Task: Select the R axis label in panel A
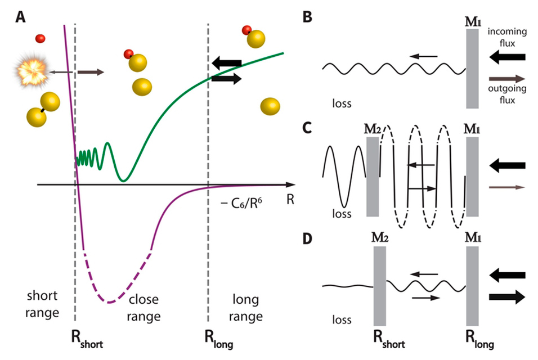coord(290,198)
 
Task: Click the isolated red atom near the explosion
coord(40,39)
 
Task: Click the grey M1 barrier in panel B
coord(473,69)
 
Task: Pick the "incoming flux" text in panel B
coord(508,37)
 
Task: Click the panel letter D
coord(307,240)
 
